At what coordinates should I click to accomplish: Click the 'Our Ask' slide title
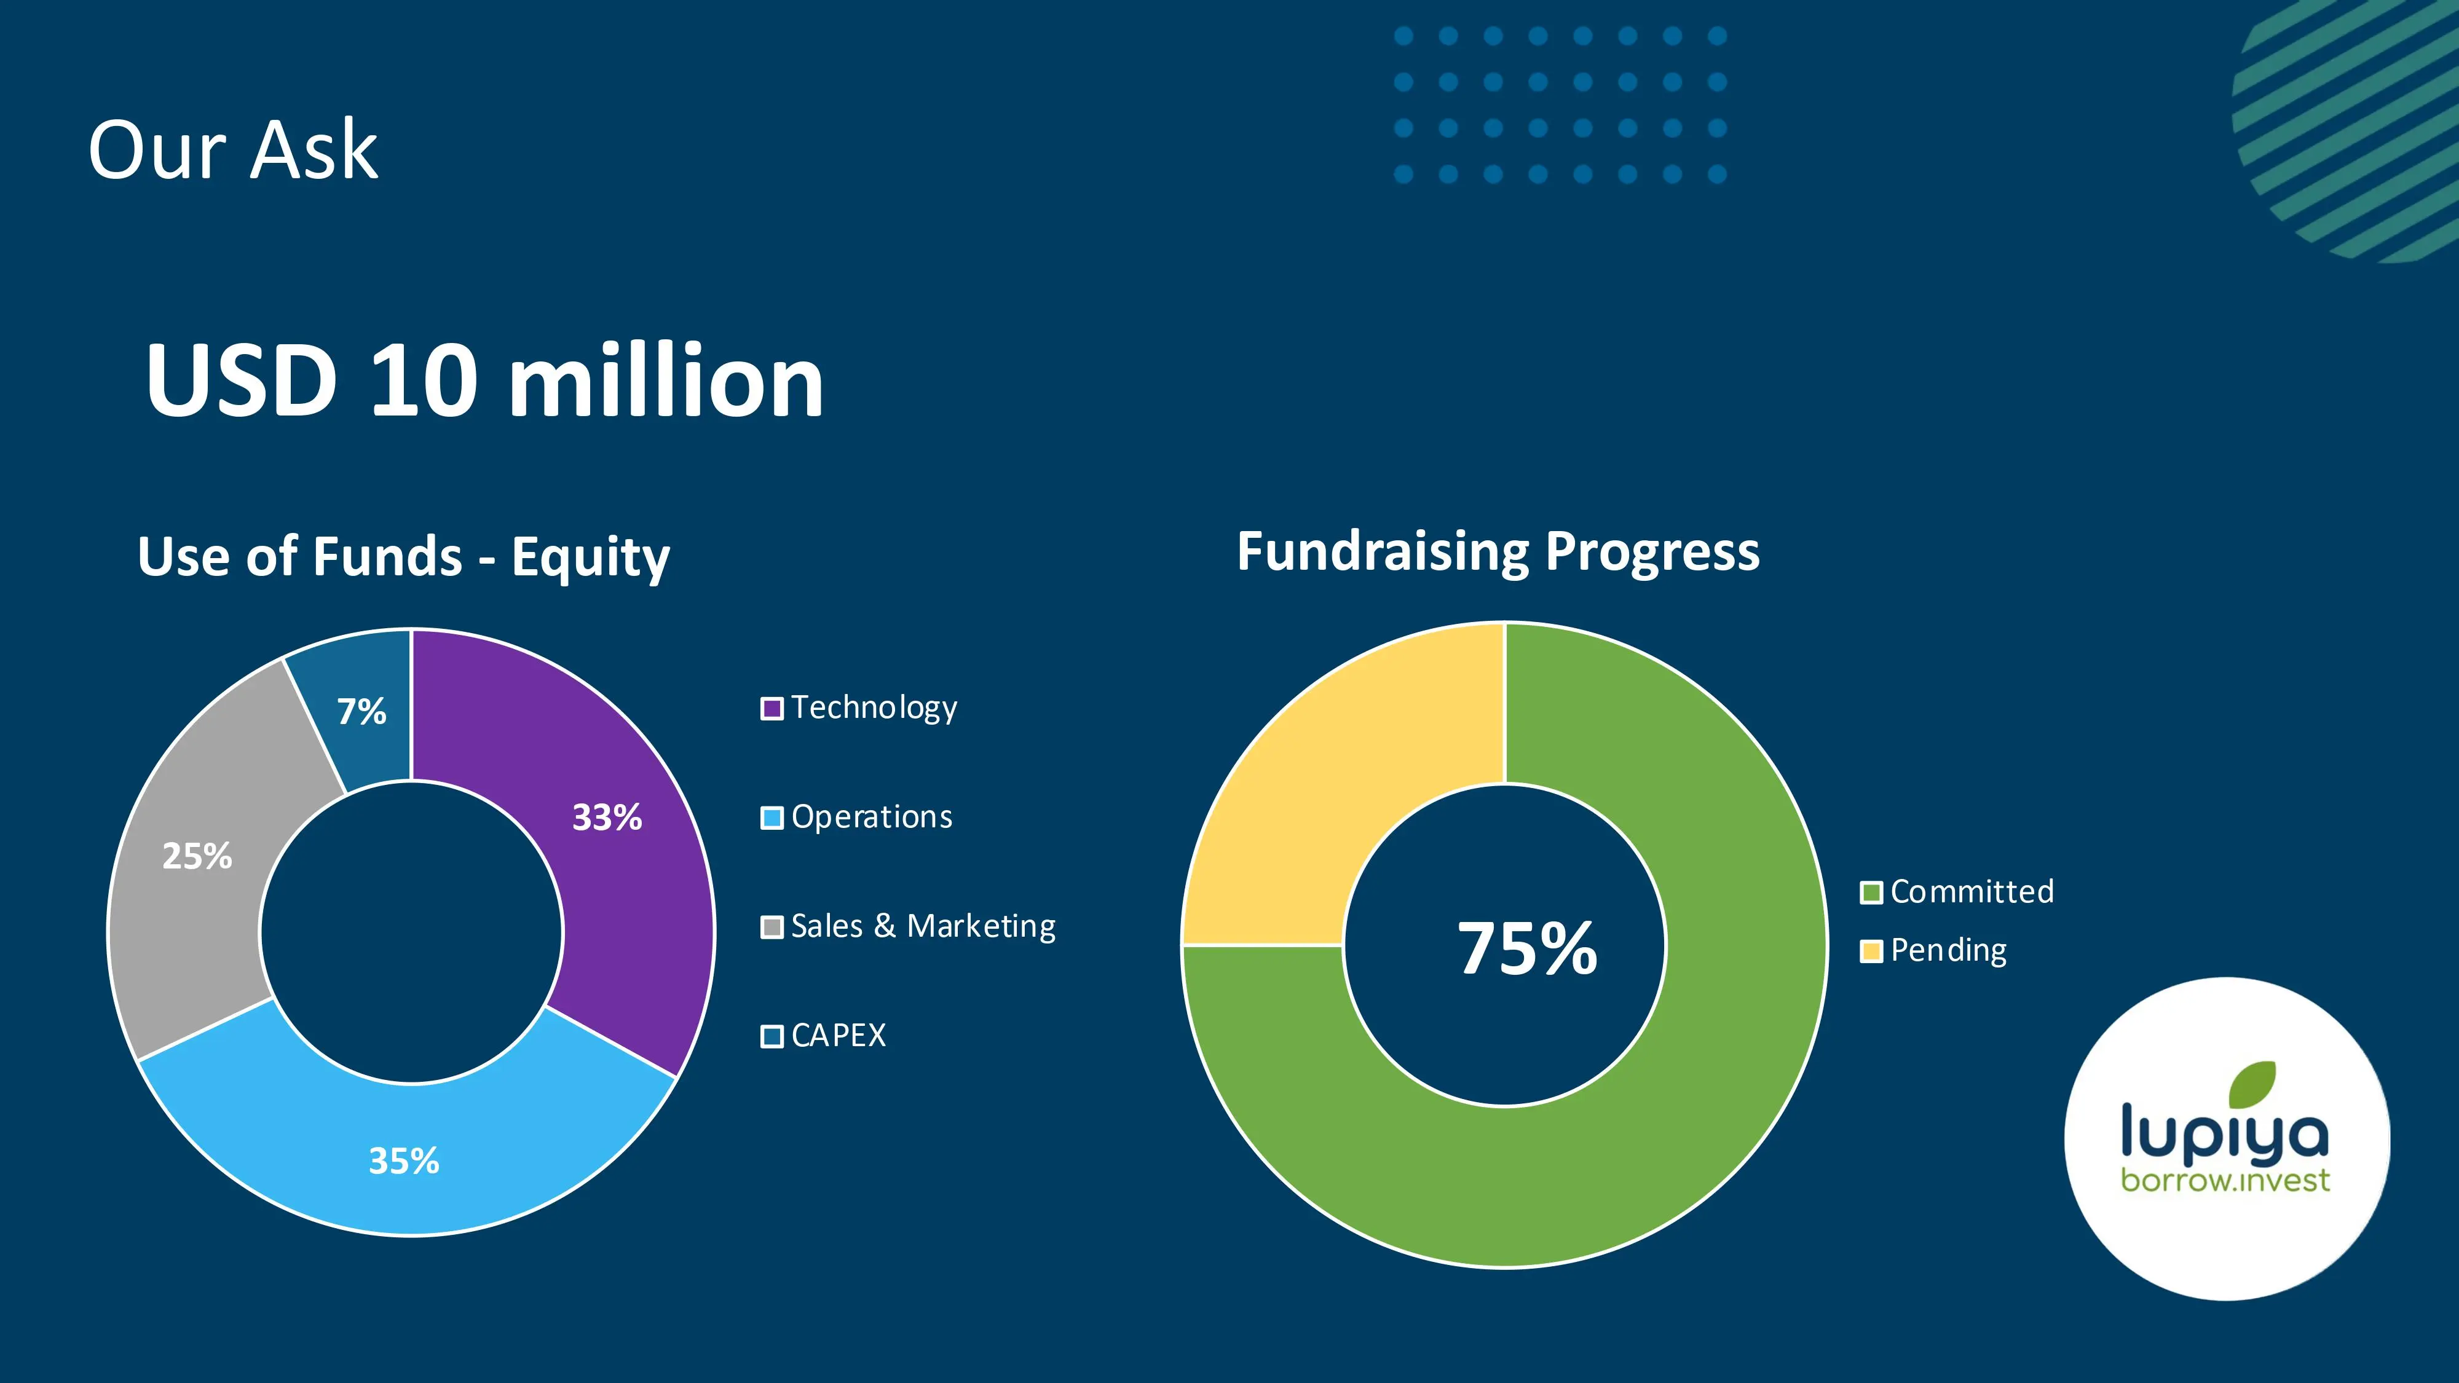point(233,150)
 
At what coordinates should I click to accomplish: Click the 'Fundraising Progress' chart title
point(1498,552)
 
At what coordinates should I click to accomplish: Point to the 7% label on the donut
point(362,711)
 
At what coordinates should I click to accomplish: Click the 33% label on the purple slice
point(607,817)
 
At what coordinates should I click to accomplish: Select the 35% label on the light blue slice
point(404,1160)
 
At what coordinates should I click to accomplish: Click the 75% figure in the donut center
point(1526,948)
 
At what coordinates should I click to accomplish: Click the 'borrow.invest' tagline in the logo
point(2224,1181)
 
